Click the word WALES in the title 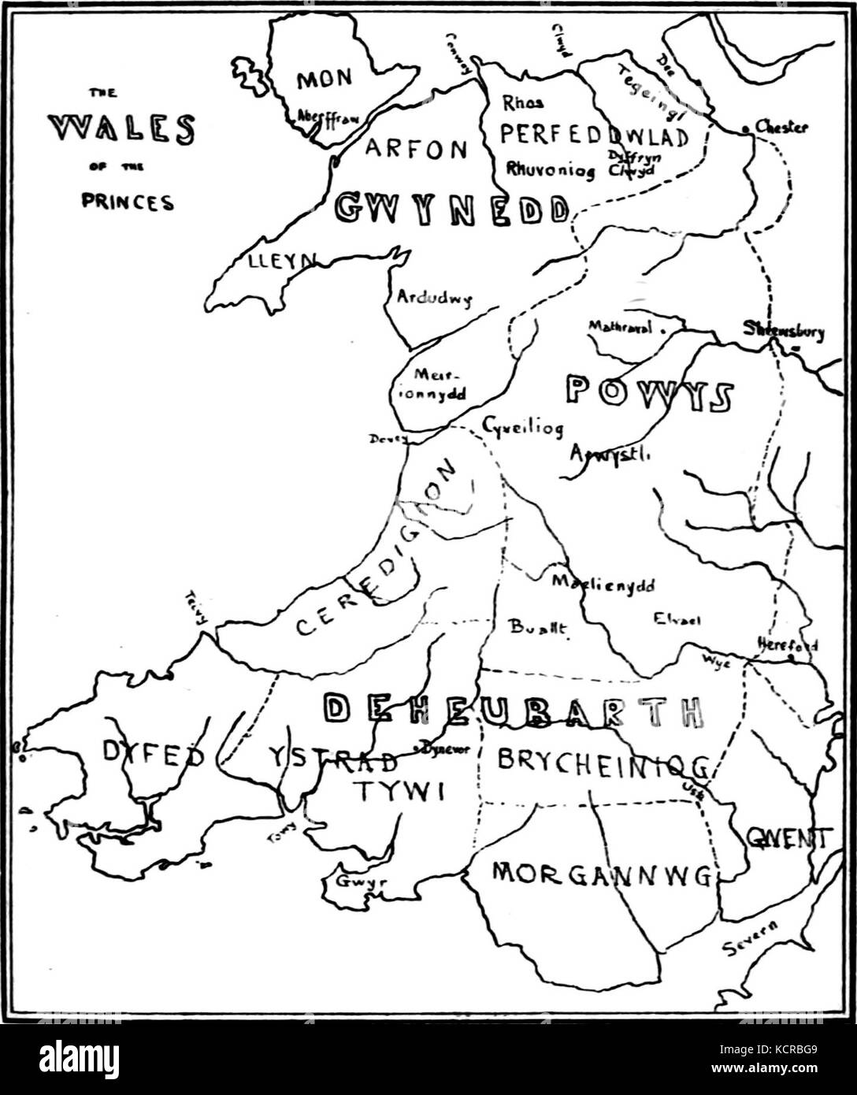point(121,129)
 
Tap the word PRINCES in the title point(128,202)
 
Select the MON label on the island point(324,80)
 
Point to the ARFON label point(416,149)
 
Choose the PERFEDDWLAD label point(594,135)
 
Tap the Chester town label point(781,127)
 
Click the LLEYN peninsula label point(270,262)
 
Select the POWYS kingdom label point(650,394)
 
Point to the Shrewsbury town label point(784,331)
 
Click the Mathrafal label point(621,327)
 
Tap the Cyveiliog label point(522,428)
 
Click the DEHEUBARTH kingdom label point(514,711)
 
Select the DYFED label point(154,754)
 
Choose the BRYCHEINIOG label point(603,760)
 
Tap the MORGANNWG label point(601,873)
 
